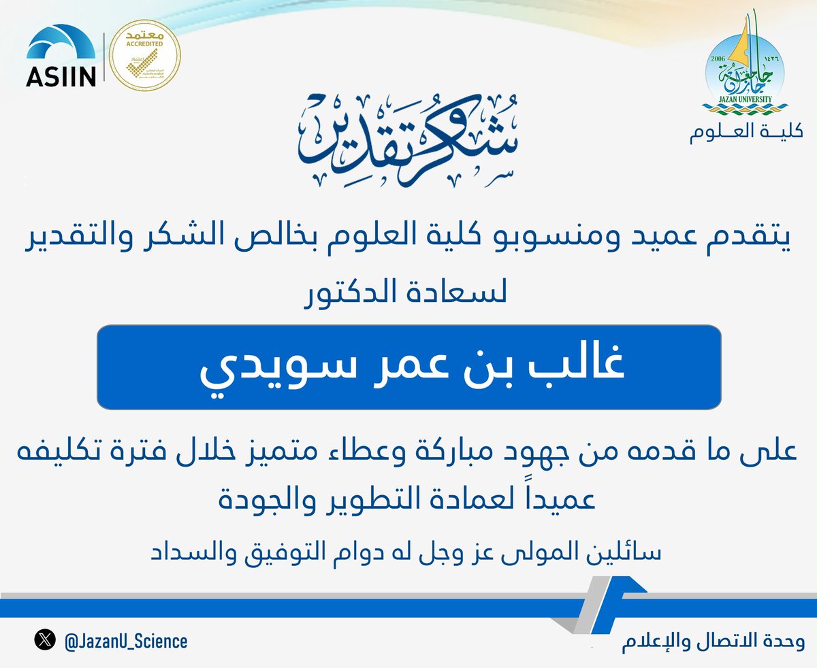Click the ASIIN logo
(x=62, y=57)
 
